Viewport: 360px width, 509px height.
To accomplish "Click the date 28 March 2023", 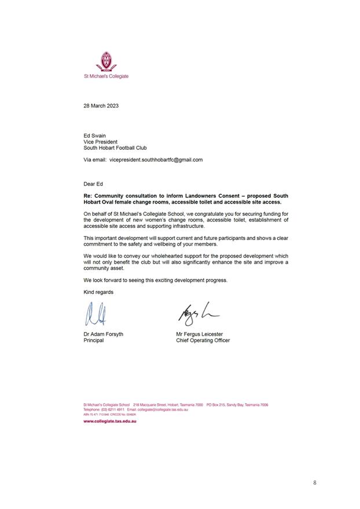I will click(101, 105).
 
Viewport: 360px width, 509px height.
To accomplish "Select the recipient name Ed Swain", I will click(95, 135).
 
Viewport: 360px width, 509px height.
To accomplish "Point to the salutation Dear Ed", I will click(93, 184).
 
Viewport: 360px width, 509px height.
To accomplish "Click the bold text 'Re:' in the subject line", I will click(89, 196).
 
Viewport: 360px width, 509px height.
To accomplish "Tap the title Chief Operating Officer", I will click(203, 341).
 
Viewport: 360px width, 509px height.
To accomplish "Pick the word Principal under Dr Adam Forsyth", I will click(94, 341).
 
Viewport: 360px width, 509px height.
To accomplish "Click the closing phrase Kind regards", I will click(98, 292).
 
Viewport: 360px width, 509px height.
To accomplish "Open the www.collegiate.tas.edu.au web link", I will click(110, 421).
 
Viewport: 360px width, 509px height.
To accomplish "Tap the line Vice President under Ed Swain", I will click(101, 142).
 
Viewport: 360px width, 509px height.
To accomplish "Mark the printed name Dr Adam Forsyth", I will click(103, 334).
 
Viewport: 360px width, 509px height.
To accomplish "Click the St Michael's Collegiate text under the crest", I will click(106, 76).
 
